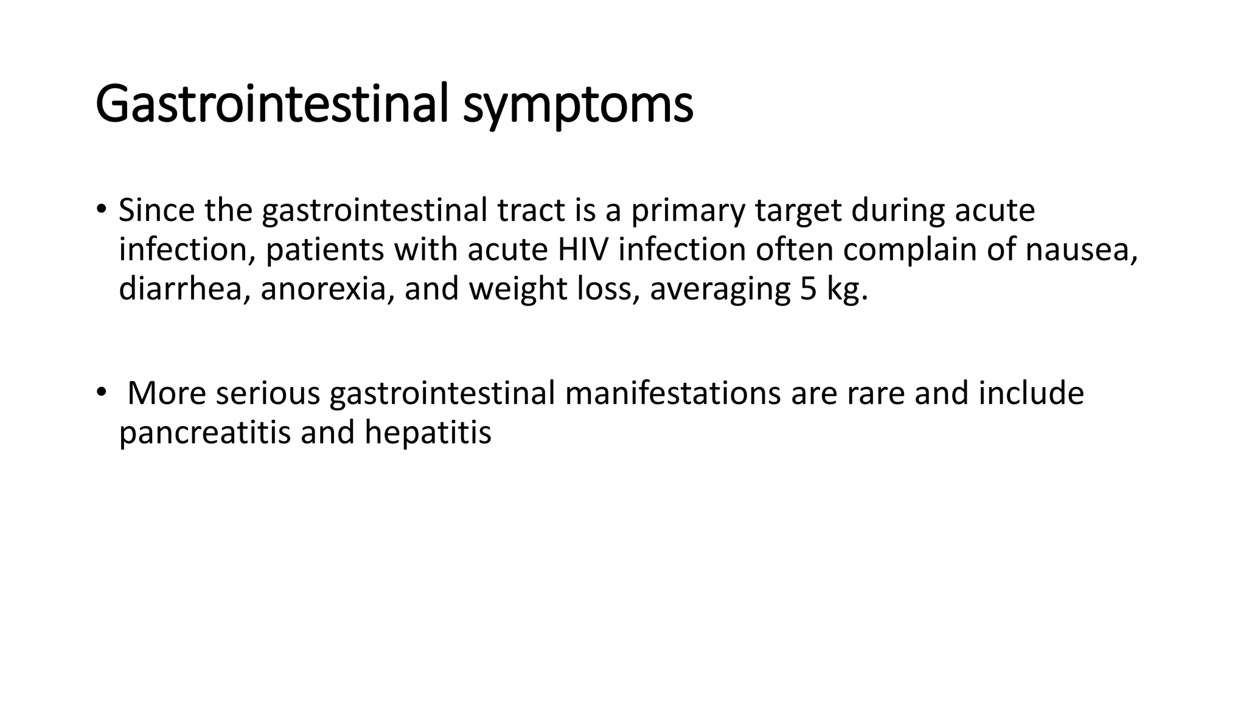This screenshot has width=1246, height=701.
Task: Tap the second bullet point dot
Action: pyautogui.click(x=100, y=392)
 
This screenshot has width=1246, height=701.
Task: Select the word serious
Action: pyautogui.click(x=267, y=393)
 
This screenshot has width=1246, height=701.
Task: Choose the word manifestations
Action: pyautogui.click(x=672, y=393)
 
